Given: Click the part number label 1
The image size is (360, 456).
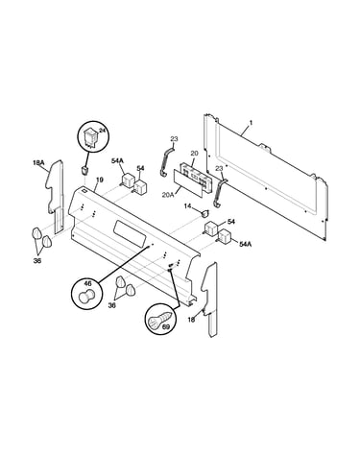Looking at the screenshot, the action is tap(251, 123).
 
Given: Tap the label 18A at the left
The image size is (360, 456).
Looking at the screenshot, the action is tap(38, 163).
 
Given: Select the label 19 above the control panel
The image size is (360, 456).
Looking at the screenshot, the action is tap(100, 180).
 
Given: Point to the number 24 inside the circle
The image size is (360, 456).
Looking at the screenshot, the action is tap(102, 131).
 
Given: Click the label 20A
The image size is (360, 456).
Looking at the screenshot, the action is tap(168, 194).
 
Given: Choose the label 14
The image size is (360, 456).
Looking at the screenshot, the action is tap(187, 206).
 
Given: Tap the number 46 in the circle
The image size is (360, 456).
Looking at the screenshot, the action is tap(87, 283).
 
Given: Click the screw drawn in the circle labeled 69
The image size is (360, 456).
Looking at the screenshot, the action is tap(162, 319).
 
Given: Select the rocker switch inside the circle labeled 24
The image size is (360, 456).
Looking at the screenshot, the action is tap(89, 138).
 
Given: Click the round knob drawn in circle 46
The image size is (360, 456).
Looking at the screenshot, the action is tap(86, 295).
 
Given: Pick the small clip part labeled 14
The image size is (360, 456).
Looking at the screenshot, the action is tap(204, 213).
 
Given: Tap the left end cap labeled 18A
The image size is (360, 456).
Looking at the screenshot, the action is tap(55, 196).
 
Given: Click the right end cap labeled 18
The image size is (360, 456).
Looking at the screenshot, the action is tap(210, 300).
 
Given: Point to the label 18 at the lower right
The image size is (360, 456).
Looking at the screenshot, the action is tap(191, 320).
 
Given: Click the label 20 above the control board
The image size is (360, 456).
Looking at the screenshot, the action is tap(194, 154).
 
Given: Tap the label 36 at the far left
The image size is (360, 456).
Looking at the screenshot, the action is tap(37, 261).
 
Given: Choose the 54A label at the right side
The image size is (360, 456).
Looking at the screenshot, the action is tap(246, 244).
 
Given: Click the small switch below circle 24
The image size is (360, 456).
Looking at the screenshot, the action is tap(84, 171).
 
